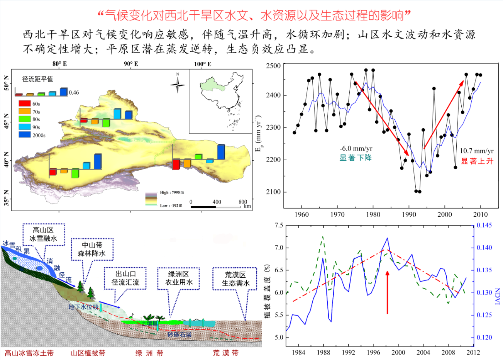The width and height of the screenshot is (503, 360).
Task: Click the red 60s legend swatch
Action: pyautogui.click(x=24, y=104)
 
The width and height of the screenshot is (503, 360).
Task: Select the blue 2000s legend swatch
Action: pyautogui.click(x=24, y=135)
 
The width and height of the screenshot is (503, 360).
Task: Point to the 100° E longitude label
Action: pyautogui.click(x=203, y=64)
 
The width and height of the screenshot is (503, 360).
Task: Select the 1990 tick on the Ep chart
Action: pyautogui.click(x=409, y=214)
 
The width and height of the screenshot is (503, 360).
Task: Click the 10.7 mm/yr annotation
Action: pyautogui.click(x=476, y=151)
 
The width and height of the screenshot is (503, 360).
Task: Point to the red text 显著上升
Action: pyautogui.click(x=477, y=161)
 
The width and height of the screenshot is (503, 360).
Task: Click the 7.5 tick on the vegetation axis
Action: pyautogui.click(x=279, y=225)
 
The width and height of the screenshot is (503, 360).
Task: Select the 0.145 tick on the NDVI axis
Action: pyautogui.click(x=484, y=225)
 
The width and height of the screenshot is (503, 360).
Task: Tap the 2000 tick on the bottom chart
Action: pyautogui.click(x=398, y=352)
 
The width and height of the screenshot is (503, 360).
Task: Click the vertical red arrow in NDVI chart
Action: pyautogui.click(x=388, y=292)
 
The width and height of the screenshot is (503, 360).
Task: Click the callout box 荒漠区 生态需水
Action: pyautogui.click(x=235, y=279)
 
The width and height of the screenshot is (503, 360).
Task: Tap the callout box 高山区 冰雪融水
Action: pyautogui.click(x=43, y=234)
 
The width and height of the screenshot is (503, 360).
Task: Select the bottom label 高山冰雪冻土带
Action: pyautogui.click(x=29, y=353)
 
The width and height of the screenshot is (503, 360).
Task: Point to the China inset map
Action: pyautogui.click(x=221, y=101)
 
